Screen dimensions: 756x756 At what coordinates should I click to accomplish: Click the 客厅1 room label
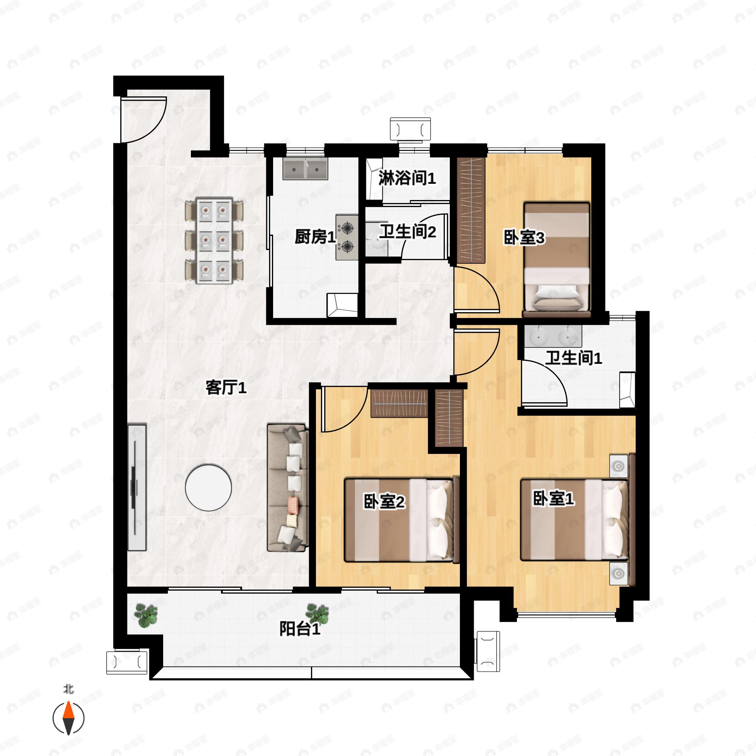tap(226, 388)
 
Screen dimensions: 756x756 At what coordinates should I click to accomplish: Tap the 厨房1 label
tap(315, 237)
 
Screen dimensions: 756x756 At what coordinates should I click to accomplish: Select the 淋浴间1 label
tap(407, 178)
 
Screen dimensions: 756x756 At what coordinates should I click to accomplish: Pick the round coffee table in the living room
tap(209, 488)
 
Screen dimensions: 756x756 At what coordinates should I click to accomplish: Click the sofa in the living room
tap(288, 488)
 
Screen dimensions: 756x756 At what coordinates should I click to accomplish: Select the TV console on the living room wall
tap(137, 487)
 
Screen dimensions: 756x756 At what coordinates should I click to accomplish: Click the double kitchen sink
tap(305, 169)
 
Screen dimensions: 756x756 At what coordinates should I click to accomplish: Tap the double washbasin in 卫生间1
tap(553, 336)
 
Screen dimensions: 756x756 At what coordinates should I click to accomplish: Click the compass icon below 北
tap(68, 718)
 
